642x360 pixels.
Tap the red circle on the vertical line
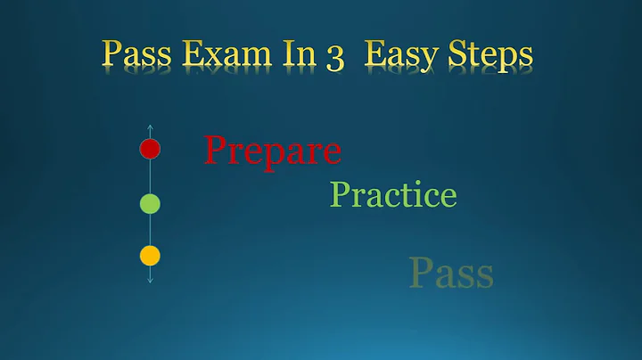150,149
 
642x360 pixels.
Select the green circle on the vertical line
150,204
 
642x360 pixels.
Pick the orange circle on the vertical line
150,256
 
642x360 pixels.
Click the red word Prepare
272,151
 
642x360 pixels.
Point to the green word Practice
393,194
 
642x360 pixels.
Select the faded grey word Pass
451,274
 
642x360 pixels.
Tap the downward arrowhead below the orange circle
150,280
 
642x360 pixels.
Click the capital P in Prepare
216,149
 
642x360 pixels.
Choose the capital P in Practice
340,193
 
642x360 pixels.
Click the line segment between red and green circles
150,176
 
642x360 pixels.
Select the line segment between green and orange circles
150,230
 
